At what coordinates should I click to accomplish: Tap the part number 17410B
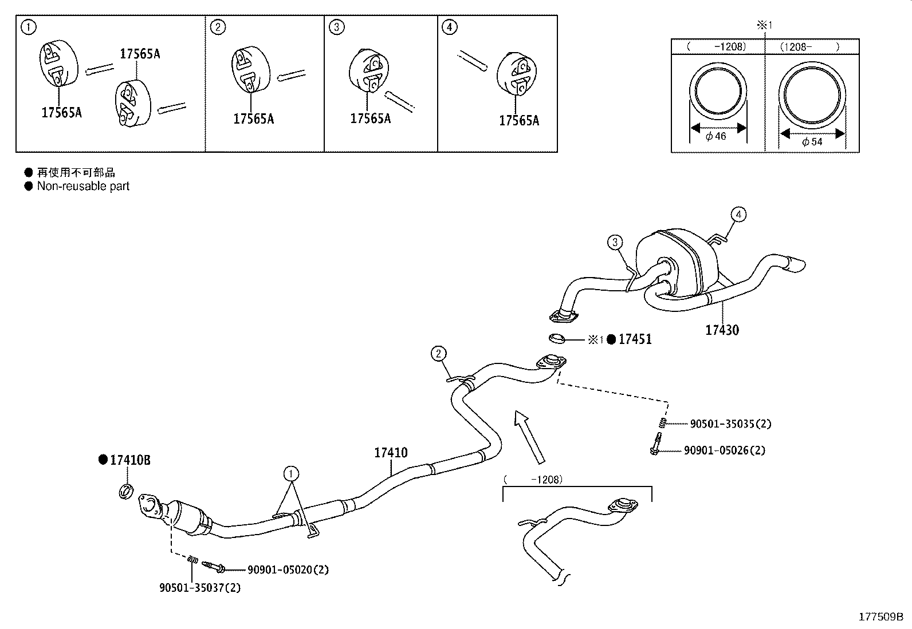click(x=130, y=460)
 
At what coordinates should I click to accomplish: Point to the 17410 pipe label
click(x=391, y=453)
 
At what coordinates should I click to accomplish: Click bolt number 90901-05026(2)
click(x=724, y=450)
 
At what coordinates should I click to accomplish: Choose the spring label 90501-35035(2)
click(x=730, y=424)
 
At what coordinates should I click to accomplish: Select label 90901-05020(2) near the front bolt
click(x=288, y=569)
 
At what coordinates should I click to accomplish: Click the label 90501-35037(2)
click(x=200, y=588)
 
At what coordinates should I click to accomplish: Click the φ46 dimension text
click(x=716, y=136)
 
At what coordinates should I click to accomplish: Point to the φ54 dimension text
click(x=812, y=141)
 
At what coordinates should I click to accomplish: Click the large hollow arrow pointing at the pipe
click(x=529, y=436)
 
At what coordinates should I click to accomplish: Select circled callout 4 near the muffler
click(x=738, y=215)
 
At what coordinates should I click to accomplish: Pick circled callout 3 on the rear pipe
click(x=615, y=242)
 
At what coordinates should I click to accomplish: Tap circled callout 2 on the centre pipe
click(x=438, y=354)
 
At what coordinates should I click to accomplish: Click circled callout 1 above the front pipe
click(x=291, y=473)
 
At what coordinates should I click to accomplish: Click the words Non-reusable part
click(x=83, y=186)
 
